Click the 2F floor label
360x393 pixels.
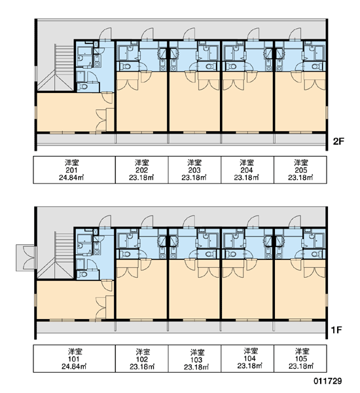coord(338,141)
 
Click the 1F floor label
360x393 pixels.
coord(336,330)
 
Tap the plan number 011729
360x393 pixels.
coord(328,381)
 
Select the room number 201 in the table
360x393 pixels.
coord(71,170)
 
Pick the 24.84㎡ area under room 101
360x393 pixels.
coord(74,366)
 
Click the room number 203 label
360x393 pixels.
coord(194,170)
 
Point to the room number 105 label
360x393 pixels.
coord(301,359)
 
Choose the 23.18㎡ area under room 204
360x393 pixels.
coord(247,178)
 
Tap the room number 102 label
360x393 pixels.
coord(142,360)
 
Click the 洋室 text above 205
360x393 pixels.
coord(301,163)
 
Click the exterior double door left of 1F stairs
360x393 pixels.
coord(26,258)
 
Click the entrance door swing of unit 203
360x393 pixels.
coord(189,34)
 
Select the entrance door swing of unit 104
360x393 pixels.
coord(253,221)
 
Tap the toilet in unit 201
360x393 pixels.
coord(83,86)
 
